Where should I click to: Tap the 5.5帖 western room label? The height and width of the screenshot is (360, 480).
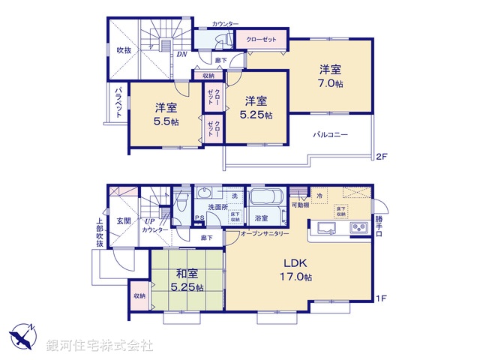(166, 114)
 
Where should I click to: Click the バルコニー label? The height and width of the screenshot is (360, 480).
(331, 134)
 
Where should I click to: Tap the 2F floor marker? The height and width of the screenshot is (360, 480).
(381, 157)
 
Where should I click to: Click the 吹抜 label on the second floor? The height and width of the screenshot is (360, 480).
(124, 51)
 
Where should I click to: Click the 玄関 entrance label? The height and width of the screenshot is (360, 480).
(124, 220)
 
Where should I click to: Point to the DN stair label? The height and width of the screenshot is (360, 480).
(181, 53)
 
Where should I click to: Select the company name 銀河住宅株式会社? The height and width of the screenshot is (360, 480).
(100, 345)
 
